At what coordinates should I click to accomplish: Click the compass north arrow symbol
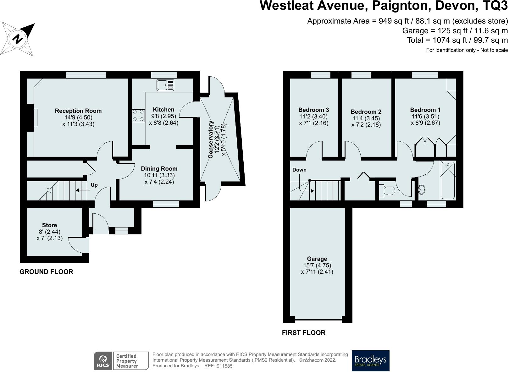[18, 39]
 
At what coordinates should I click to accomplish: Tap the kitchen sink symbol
[165, 85]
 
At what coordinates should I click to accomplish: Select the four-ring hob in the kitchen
[138, 115]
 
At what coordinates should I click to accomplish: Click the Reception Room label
[78, 111]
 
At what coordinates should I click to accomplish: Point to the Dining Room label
[159, 168]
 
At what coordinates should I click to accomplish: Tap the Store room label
[50, 225]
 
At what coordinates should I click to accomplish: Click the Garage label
[317, 259]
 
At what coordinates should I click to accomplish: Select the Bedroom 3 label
[313, 110]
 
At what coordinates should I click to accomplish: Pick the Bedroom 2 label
[366, 112]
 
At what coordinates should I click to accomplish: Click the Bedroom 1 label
[425, 110]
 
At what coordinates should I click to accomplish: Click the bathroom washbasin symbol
[422, 189]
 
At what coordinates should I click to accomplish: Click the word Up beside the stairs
[94, 185]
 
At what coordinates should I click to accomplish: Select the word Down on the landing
[299, 170]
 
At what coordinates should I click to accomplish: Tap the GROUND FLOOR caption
[46, 272]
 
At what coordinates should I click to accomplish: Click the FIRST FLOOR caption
[304, 333]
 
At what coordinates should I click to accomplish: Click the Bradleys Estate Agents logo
[370, 361]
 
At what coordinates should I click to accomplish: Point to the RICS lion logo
[103, 361]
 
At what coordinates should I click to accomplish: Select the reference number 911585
[224, 366]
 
